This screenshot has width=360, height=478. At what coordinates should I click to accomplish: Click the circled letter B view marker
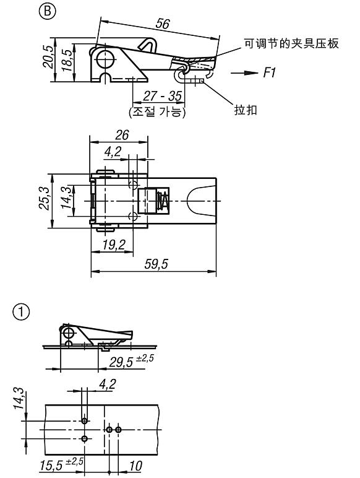pos(48,12)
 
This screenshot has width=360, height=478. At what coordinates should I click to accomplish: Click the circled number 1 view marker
pos(21,312)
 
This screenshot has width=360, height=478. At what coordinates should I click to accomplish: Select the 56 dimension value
pos(163,24)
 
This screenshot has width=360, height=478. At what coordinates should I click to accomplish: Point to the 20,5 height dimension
pos(48,56)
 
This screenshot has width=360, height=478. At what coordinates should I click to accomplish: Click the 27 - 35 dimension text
pos(162,97)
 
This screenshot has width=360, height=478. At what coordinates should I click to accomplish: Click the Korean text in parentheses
pos(157,112)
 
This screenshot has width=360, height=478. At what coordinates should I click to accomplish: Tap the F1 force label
pos(269,73)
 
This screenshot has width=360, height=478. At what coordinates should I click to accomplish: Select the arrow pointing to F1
pos(244,73)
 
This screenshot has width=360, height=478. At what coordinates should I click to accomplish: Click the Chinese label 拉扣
pos(246,110)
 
